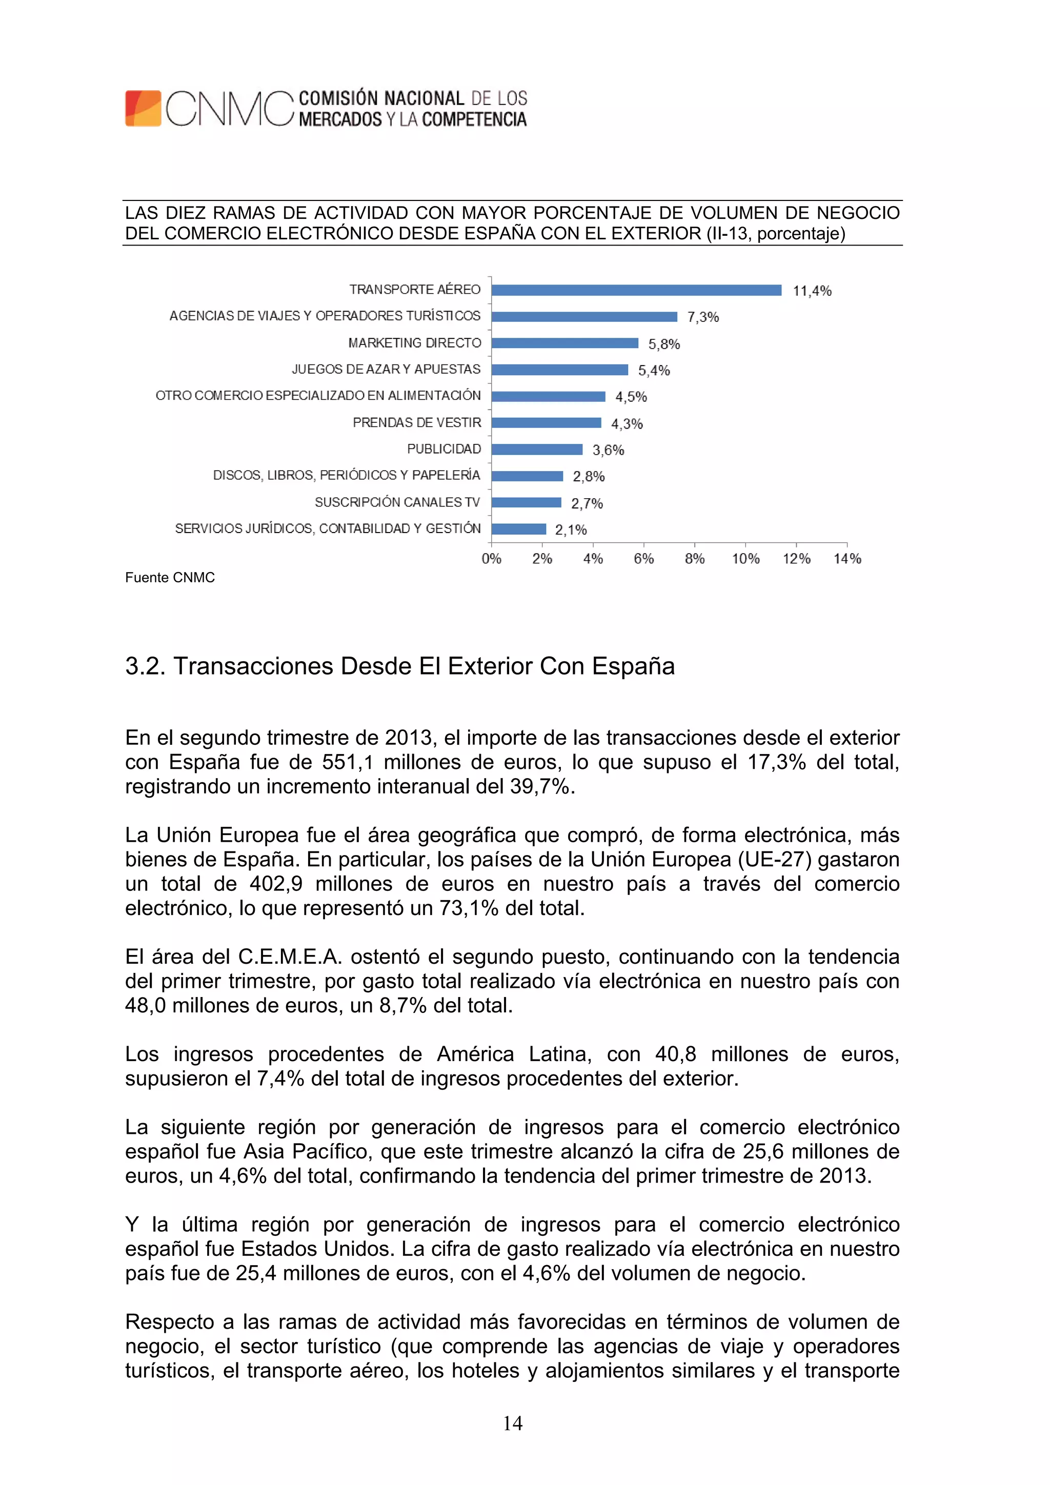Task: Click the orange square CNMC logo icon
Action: click(x=143, y=108)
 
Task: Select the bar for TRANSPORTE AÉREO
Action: click(x=636, y=290)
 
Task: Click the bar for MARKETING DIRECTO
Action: click(x=564, y=343)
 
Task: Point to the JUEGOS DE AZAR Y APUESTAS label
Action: click(x=386, y=369)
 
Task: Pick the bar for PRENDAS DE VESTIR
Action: click(x=546, y=422)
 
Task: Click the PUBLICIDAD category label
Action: click(x=444, y=449)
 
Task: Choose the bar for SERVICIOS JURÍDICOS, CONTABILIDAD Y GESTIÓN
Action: click(x=518, y=529)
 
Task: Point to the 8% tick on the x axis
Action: click(x=694, y=559)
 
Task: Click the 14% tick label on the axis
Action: click(x=847, y=559)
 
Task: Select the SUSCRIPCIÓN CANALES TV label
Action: click(x=397, y=502)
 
